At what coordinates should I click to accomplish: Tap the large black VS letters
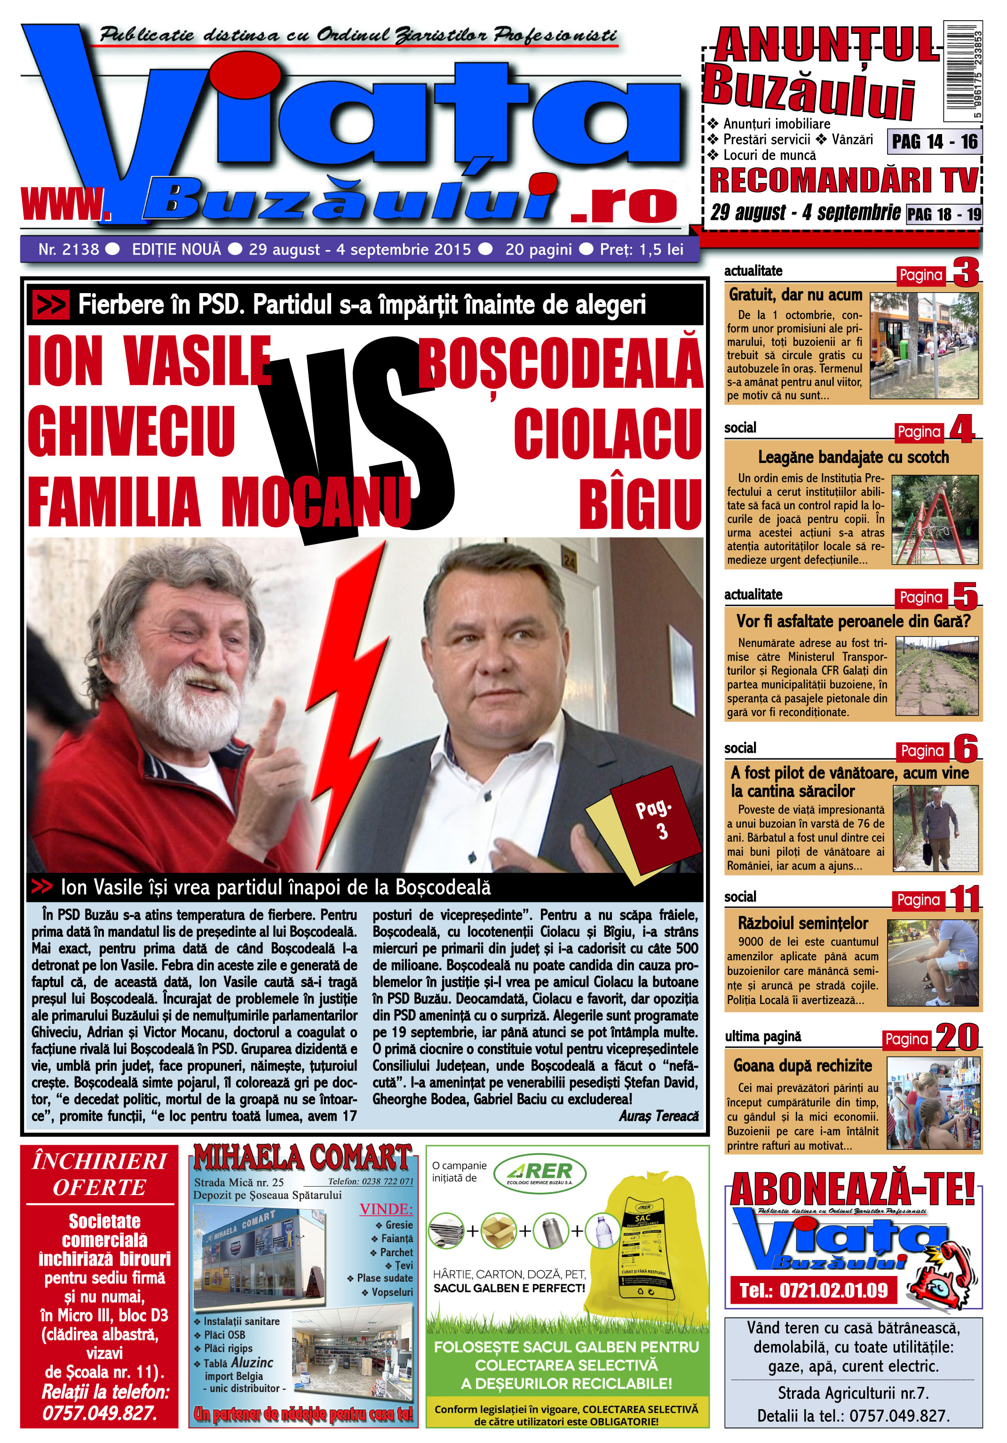pyautogui.click(x=358, y=440)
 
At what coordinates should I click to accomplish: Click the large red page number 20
pyautogui.click(x=957, y=1037)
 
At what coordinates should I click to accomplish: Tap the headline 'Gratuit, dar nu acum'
pyautogui.click(x=795, y=295)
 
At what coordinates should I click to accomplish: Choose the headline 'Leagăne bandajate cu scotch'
pyautogui.click(x=853, y=457)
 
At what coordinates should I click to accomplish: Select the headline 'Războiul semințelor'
pyautogui.click(x=802, y=923)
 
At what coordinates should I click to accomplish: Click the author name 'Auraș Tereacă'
pyautogui.click(x=658, y=1116)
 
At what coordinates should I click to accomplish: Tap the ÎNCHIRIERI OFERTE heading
pyautogui.click(x=99, y=1174)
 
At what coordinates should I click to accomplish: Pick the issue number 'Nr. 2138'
pyautogui.click(x=69, y=249)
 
